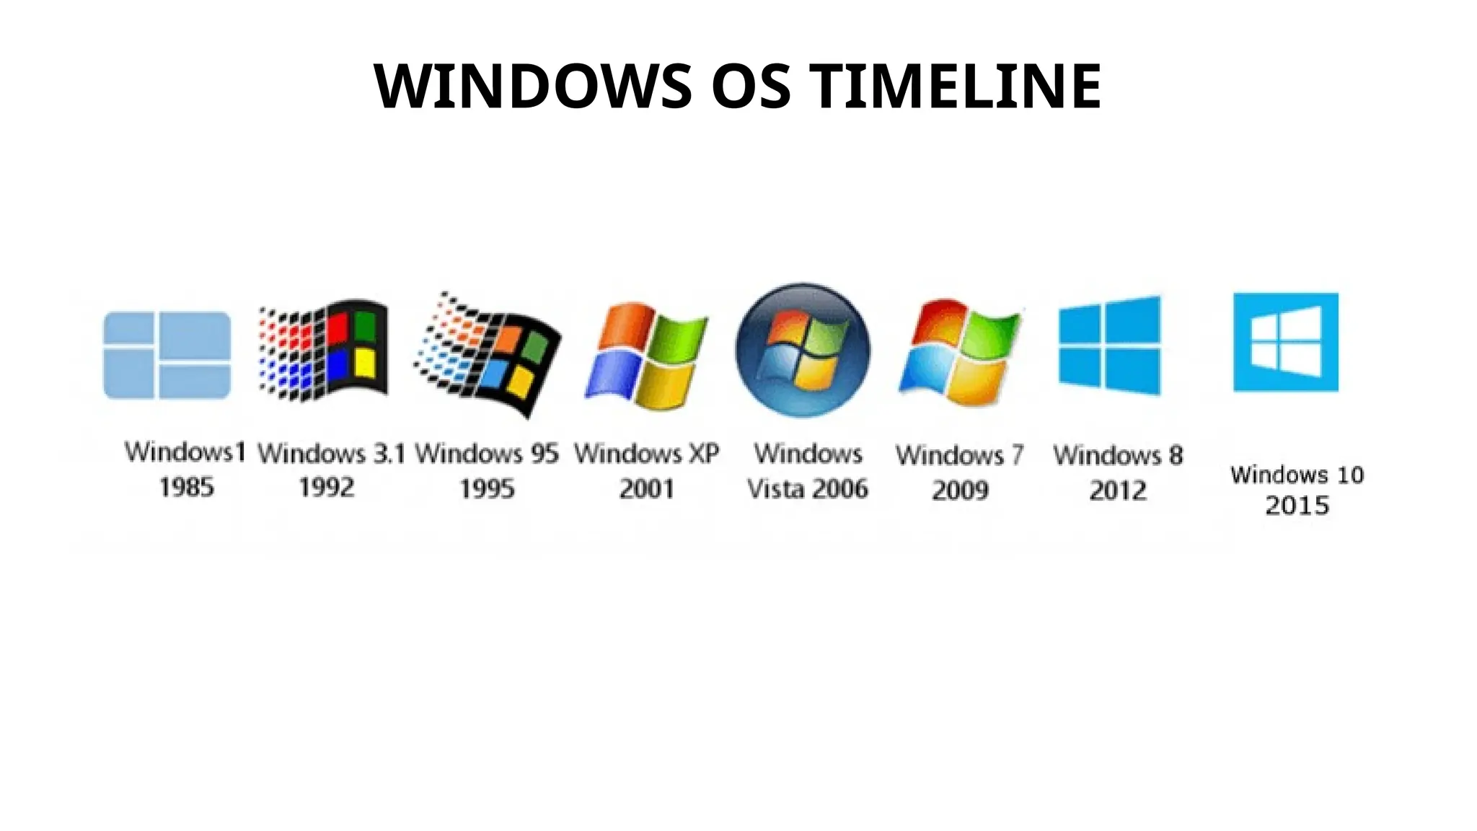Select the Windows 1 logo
pos(167,355)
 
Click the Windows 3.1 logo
pos(325,351)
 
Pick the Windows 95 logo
pos(488,354)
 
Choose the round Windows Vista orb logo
pos(803,350)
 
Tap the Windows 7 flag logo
pos(961,352)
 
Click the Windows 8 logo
pos(1110,346)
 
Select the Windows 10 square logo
pos(1286,342)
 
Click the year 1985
pos(187,487)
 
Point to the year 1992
pos(327,487)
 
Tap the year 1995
pos(487,488)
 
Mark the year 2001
pos(647,488)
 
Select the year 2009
pos(960,490)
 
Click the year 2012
pos(1118,491)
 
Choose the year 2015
pos(1297,505)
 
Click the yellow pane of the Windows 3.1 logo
pos(365,363)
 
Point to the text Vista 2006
pos(808,488)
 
